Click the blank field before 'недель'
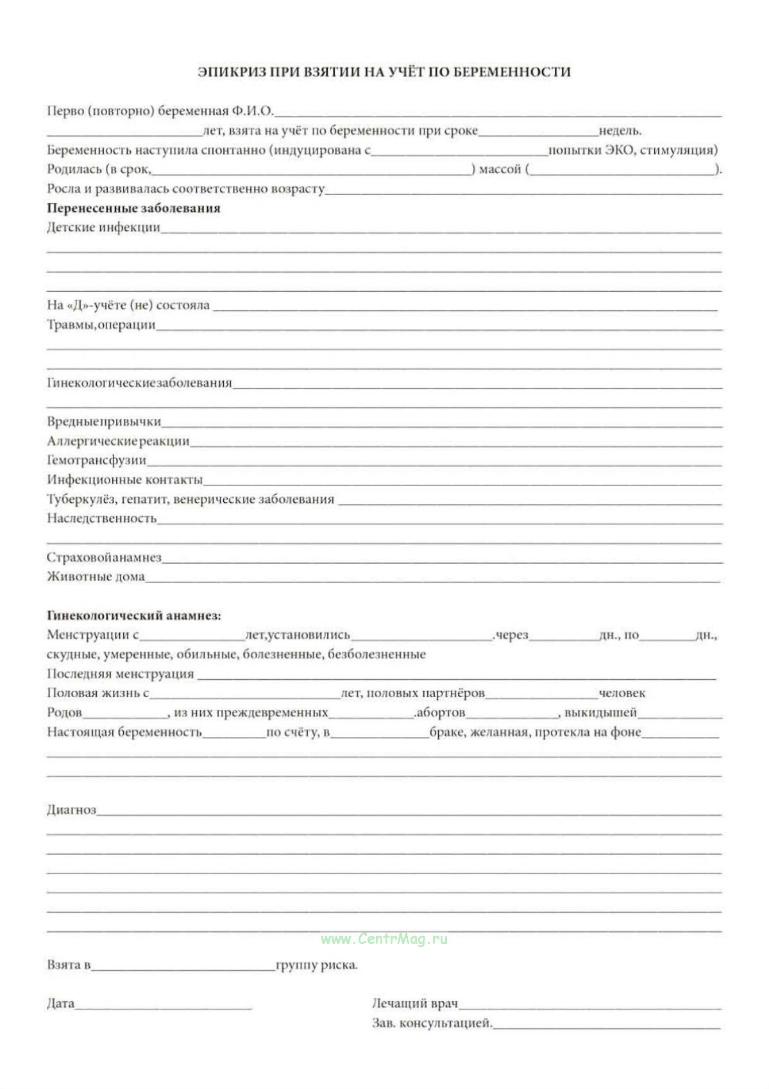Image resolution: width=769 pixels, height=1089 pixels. (x=538, y=130)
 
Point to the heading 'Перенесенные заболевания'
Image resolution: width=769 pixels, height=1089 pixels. (x=133, y=208)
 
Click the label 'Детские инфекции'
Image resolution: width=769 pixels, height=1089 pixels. (x=103, y=227)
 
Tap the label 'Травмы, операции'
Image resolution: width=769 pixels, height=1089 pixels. (x=101, y=325)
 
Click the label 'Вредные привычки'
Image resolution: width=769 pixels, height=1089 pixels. (x=104, y=421)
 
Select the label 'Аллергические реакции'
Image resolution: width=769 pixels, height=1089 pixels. (x=118, y=441)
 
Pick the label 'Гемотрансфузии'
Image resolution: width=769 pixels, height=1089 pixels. (x=96, y=460)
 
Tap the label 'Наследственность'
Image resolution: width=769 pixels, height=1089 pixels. (x=101, y=518)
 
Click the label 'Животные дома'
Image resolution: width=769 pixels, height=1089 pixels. (x=96, y=577)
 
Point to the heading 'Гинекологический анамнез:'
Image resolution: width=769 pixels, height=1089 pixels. (x=133, y=616)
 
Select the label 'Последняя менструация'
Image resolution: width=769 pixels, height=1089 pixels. (x=120, y=674)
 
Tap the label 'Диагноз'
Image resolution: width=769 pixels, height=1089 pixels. (x=71, y=809)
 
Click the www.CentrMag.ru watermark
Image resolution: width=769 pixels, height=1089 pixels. (x=384, y=939)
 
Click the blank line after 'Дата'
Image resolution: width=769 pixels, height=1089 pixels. (x=164, y=1006)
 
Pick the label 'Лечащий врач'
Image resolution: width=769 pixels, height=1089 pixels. (x=414, y=1003)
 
